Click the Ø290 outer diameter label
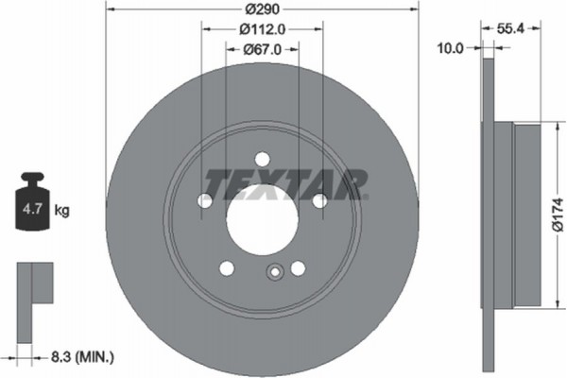(262, 9)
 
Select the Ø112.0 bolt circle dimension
(262, 28)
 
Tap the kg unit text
(63, 210)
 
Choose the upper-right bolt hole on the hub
(319, 200)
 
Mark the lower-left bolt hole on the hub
(227, 268)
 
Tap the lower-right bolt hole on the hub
(298, 268)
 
